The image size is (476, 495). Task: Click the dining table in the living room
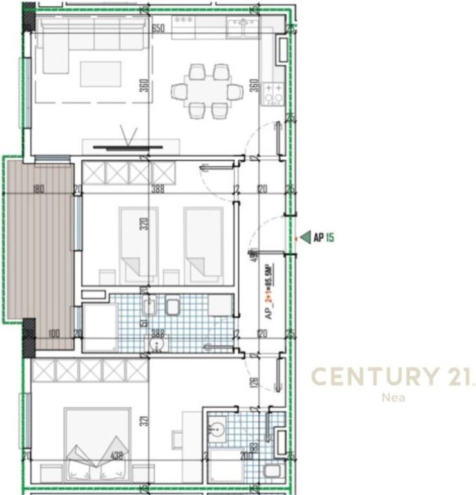tap(207, 91)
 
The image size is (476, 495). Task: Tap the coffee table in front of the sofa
tap(100, 73)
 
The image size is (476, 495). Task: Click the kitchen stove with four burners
tap(274, 94)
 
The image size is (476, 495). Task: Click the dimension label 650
tap(158, 28)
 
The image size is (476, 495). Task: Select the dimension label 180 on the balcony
tap(38, 189)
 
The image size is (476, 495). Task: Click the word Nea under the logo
tap(390, 398)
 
